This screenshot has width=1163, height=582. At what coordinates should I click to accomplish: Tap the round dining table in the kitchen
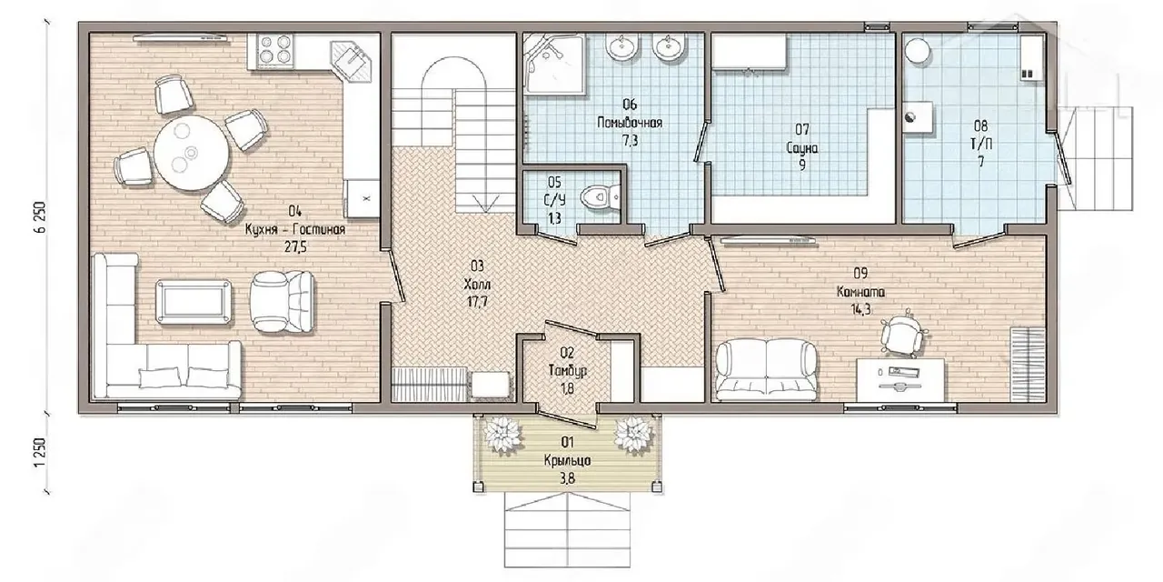[191, 152]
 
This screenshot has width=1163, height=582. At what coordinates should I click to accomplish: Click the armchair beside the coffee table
[282, 301]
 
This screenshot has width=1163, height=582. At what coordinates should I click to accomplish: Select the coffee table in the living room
[194, 302]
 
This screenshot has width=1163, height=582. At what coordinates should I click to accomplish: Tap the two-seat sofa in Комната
[766, 369]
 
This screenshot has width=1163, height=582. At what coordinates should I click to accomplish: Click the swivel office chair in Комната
[902, 334]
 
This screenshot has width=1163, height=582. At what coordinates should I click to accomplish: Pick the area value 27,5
[295, 246]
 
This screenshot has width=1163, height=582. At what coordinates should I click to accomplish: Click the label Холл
[477, 285]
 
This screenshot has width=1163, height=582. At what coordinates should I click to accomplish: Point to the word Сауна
[802, 148]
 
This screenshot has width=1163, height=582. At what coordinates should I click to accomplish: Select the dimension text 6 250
[41, 217]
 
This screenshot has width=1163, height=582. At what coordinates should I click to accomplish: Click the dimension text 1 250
[41, 453]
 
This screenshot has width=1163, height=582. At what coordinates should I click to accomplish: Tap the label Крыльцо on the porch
[568, 460]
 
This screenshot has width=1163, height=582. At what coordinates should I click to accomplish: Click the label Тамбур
[568, 370]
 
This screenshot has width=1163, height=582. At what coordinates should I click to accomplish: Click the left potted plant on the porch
[502, 435]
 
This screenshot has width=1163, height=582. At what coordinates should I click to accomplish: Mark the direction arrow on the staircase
[486, 203]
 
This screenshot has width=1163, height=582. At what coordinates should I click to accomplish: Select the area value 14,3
[860, 310]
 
